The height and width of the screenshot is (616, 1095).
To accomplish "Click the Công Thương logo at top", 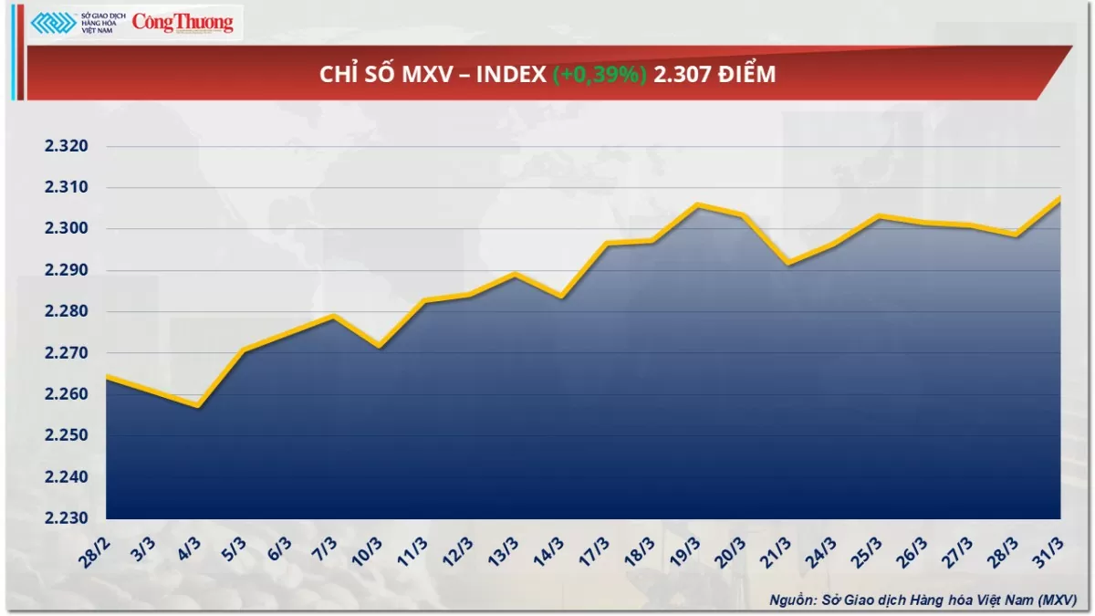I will coord(182,24).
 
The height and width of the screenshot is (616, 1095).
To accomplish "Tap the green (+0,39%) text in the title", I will coord(600,75).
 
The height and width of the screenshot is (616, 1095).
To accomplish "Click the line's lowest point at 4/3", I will coord(197,406).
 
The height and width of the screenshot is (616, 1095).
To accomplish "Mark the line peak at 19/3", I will coord(697,204).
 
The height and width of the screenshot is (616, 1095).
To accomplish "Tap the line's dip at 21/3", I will coord(788,264).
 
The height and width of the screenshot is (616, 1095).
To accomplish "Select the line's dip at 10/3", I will coord(379,346).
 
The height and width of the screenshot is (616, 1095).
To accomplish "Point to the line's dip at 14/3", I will coord(560,297).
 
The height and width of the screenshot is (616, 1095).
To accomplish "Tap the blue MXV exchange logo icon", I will coord(53,24).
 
